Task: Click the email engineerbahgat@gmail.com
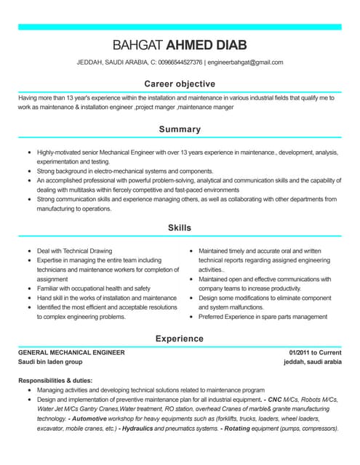[246, 62]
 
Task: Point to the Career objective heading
[180, 84]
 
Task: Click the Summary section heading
[180, 129]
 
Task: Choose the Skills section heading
[180, 227]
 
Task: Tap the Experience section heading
[180, 339]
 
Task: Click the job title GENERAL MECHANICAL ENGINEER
[71, 352]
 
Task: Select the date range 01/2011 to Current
[315, 352]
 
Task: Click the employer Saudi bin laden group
[50, 362]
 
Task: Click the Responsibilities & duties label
[55, 380]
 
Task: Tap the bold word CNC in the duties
[275, 400]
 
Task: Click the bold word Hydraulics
[142, 429]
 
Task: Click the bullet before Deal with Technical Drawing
[28, 250]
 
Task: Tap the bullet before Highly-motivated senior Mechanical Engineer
[28, 152]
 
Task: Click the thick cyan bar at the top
[180, 26]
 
